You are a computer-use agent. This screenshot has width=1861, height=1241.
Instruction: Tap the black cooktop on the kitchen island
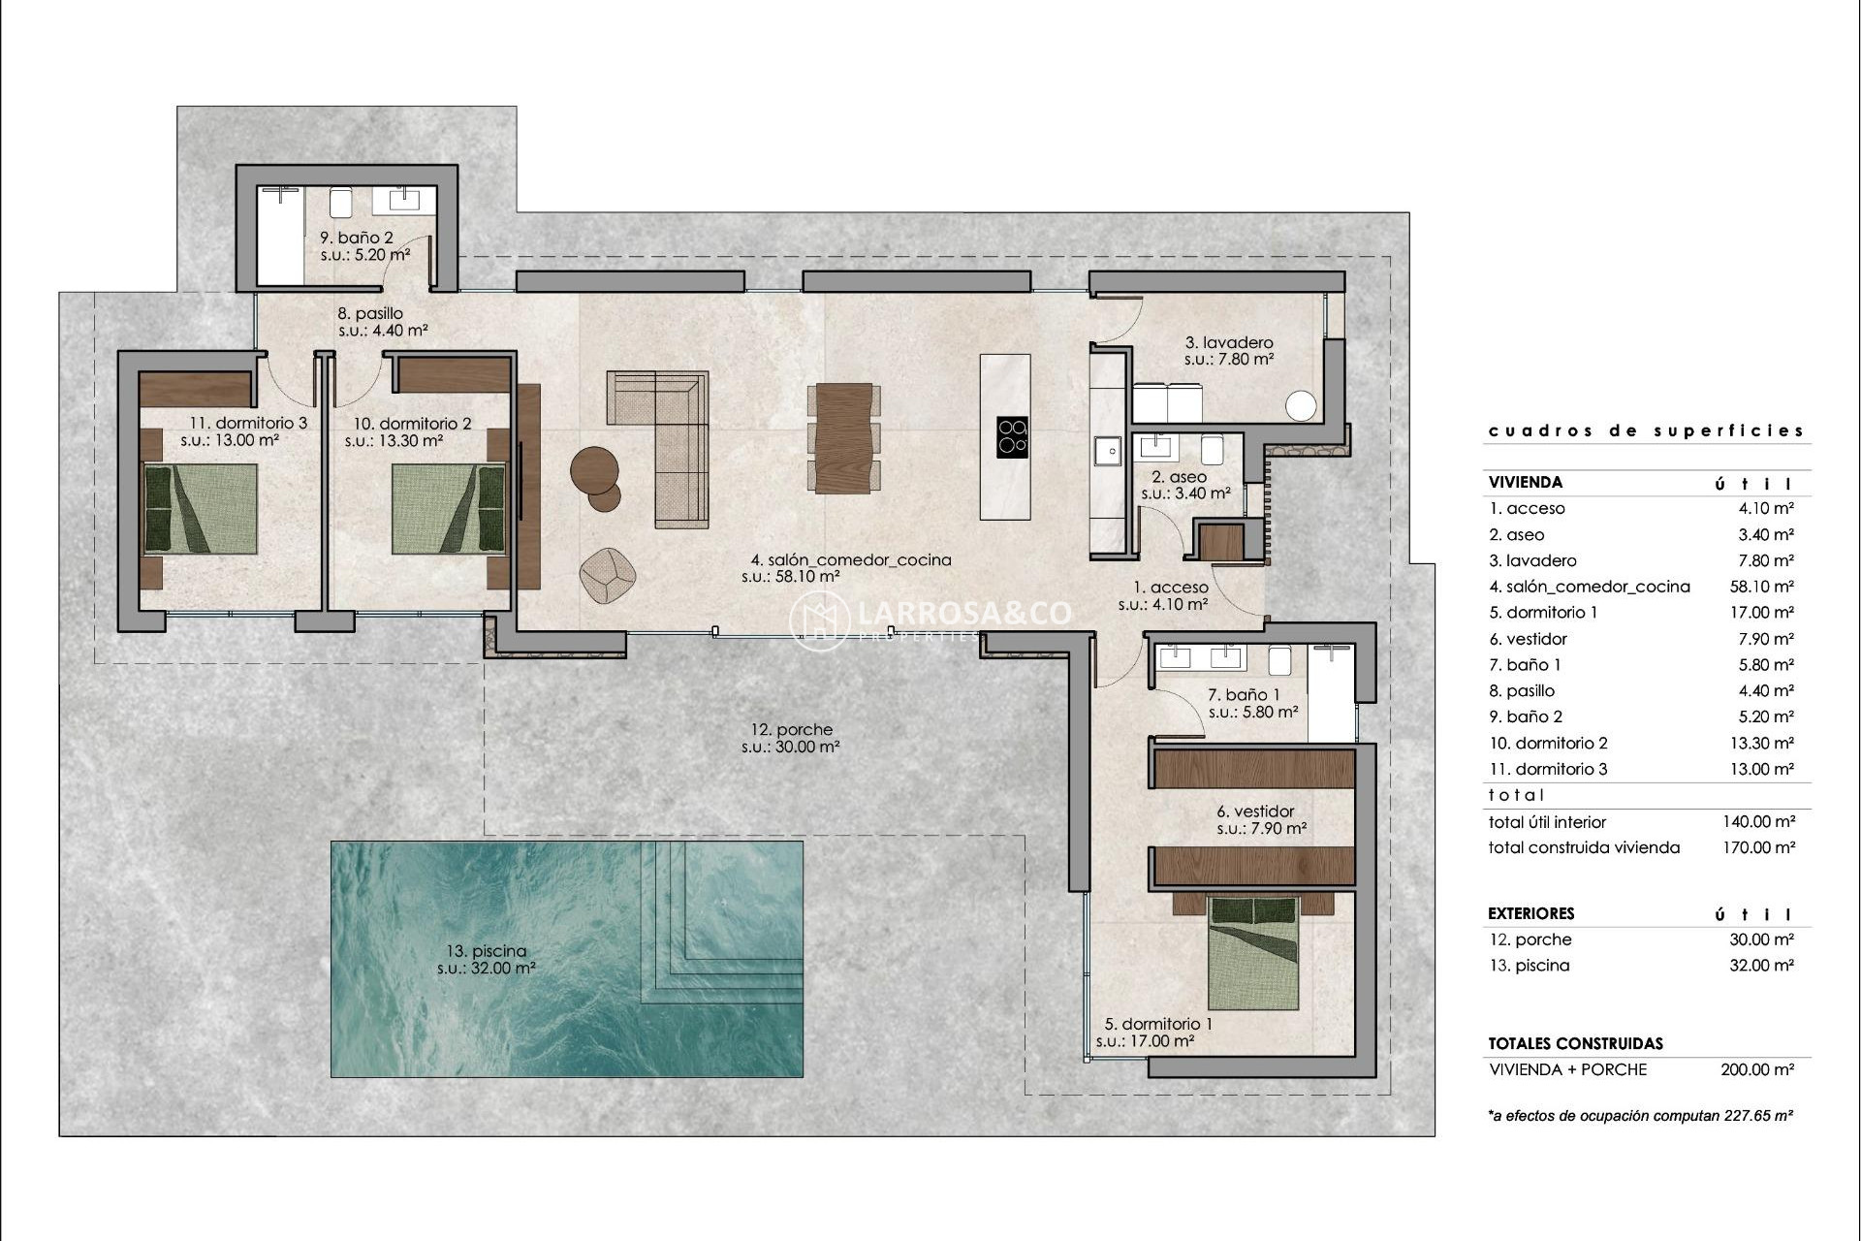(x=1012, y=437)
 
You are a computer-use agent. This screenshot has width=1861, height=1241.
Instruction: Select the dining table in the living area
(x=843, y=438)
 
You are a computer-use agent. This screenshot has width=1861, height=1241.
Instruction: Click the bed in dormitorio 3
(x=201, y=509)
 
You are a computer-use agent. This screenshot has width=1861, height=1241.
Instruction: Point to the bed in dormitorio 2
(x=449, y=509)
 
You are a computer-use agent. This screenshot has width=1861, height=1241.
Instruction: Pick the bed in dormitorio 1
(x=1252, y=954)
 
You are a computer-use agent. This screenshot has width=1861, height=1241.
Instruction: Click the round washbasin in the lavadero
(x=1302, y=406)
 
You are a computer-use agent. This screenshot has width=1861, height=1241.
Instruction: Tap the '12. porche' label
(x=791, y=730)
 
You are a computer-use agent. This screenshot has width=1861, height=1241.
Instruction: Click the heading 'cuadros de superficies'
(x=1646, y=430)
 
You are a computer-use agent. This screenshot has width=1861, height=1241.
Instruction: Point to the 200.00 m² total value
(x=1757, y=1069)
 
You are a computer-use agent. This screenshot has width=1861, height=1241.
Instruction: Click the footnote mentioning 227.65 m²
(x=1640, y=1116)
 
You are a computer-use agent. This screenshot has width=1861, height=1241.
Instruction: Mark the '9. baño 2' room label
(x=357, y=238)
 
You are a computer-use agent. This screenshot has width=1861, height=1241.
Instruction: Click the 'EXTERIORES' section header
(x=1530, y=913)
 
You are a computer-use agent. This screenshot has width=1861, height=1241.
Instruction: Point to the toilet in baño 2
(x=340, y=202)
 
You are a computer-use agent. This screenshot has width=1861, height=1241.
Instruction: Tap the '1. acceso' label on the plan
(x=1171, y=588)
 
